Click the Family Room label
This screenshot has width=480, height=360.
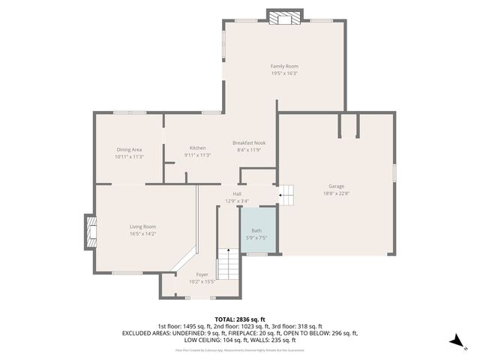(x=284, y=66)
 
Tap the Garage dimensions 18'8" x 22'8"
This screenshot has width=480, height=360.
(x=335, y=193)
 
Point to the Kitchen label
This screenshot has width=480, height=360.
(x=197, y=148)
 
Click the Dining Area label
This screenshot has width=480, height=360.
(x=129, y=149)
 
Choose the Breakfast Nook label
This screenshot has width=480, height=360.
(x=249, y=142)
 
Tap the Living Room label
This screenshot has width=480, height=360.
(x=142, y=226)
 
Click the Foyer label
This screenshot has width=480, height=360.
(x=202, y=274)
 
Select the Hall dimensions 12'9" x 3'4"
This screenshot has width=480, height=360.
(x=236, y=201)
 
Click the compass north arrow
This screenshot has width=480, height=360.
(x=454, y=341)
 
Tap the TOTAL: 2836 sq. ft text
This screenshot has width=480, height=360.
(x=240, y=319)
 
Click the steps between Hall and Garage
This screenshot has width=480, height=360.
(x=286, y=193)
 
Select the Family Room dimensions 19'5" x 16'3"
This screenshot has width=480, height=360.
(x=284, y=73)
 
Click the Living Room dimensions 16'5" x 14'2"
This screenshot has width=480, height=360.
(x=142, y=233)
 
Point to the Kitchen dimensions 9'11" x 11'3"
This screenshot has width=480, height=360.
(x=197, y=155)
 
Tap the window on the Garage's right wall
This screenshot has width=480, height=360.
(x=394, y=171)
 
